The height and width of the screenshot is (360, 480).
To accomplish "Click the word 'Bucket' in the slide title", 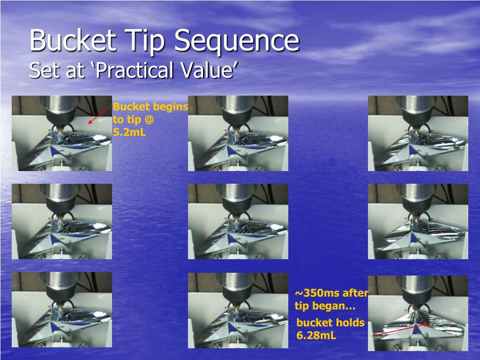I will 73,41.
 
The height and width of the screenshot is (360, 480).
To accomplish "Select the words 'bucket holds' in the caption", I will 330,322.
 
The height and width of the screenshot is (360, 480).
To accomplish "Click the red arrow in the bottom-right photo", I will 398,330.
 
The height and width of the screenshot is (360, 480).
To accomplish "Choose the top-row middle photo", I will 238,133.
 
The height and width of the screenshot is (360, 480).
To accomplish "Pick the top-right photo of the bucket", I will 418,133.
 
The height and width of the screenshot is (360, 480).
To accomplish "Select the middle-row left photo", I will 61,221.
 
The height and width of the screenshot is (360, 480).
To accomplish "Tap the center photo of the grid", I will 238,221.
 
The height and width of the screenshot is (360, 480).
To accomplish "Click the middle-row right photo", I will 418,221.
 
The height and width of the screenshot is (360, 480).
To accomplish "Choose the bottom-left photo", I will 61,309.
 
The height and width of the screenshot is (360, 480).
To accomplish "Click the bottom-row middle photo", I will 238,310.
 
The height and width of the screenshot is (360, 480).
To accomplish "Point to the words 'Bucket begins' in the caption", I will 150,107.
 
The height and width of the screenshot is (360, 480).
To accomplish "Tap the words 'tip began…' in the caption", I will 325,307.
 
